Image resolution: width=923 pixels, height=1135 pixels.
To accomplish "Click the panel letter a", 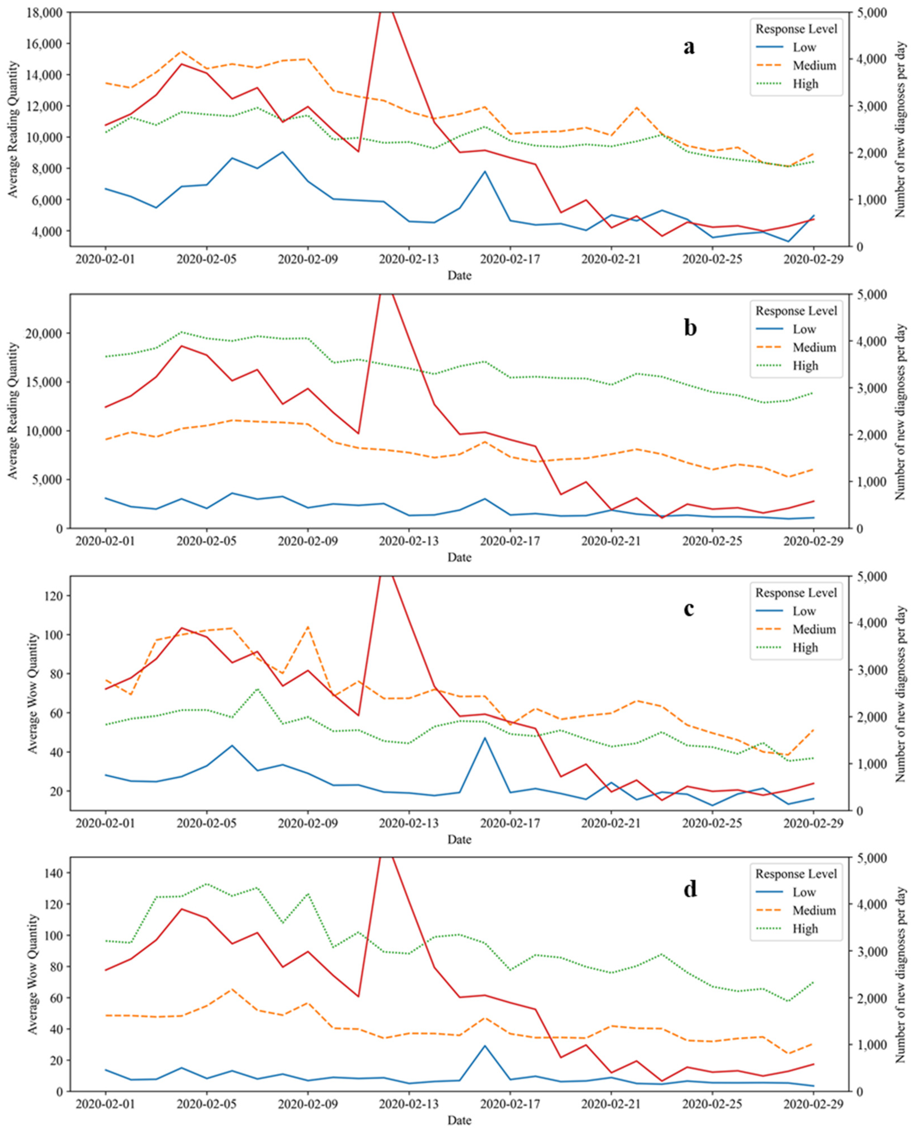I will pos(689,47).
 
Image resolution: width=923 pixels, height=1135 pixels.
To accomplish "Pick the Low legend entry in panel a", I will pos(804,47).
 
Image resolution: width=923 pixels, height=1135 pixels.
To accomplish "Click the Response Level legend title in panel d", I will pos(796,874).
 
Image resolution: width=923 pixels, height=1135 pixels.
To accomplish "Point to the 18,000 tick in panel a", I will pos(44,12).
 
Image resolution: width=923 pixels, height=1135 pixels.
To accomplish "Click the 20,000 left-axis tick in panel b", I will pos(44,333).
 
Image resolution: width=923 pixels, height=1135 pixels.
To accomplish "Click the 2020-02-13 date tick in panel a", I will pos(409,260).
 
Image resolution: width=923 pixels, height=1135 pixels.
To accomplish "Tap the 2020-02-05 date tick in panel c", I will pos(207,824).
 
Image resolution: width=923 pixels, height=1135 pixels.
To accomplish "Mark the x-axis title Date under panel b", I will pos(459,558).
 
